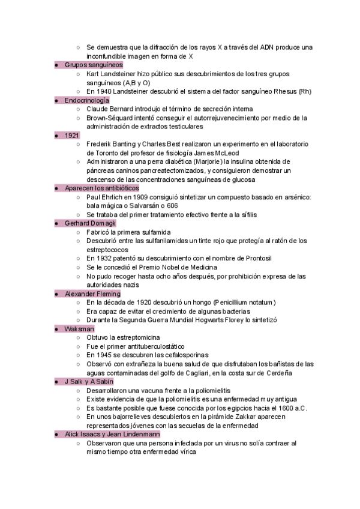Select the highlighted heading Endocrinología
coord(87,100)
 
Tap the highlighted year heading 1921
coord(72,136)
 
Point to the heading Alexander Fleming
coord(92,294)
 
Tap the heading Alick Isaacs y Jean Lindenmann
coord(112,434)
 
